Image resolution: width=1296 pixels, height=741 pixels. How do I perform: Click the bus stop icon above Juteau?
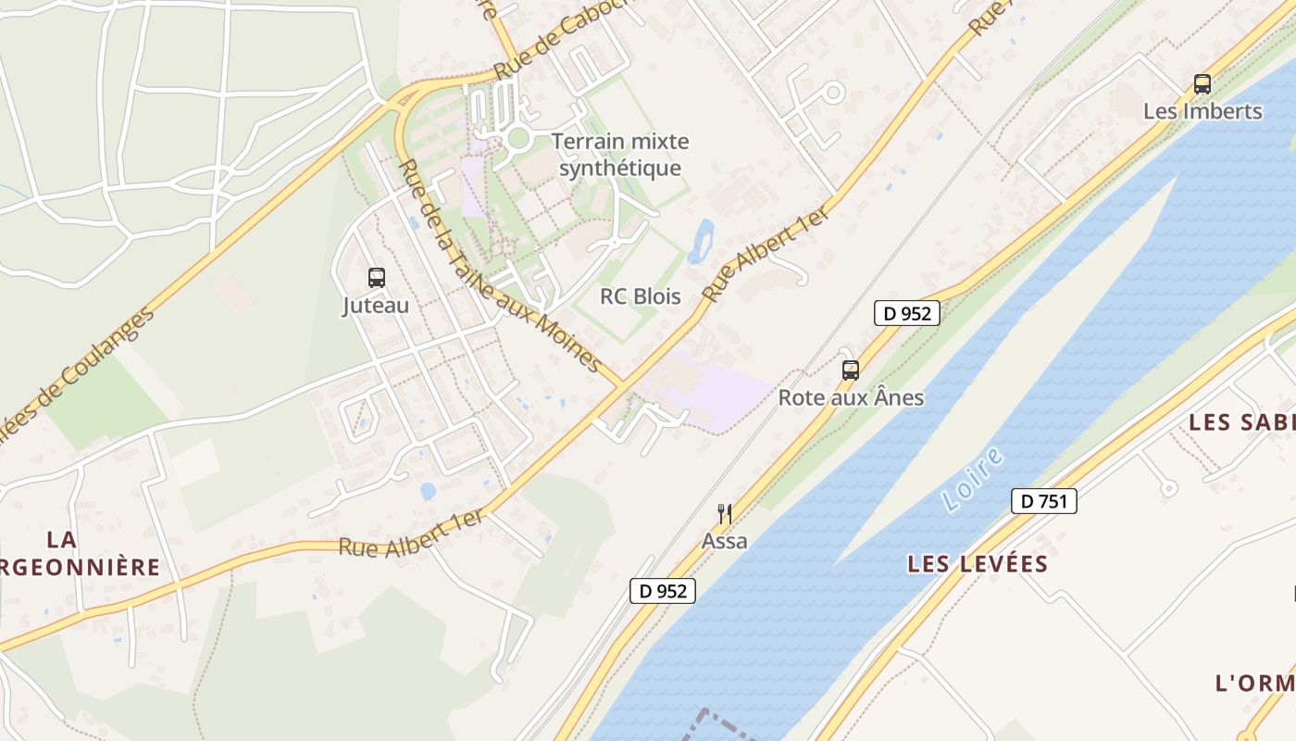point(377,277)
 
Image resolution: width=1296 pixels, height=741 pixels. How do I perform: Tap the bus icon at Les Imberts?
point(1203,84)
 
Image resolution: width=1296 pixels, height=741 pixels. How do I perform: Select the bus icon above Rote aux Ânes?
point(851,370)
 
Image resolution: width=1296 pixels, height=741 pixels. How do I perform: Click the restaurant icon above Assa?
point(725,514)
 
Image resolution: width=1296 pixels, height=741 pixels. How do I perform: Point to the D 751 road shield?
point(1044,502)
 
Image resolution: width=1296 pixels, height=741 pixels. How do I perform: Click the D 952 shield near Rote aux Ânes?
point(907,313)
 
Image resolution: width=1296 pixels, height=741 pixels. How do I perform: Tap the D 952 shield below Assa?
point(662,591)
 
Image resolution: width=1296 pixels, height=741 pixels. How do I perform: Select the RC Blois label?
point(641,296)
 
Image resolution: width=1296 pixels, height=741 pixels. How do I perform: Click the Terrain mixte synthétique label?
point(620,155)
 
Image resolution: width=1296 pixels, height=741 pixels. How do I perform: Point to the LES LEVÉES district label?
point(978,563)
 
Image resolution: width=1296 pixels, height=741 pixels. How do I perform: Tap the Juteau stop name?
point(376,305)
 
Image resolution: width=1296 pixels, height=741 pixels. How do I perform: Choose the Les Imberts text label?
point(1203,111)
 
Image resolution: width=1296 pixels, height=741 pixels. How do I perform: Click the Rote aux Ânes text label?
point(851,398)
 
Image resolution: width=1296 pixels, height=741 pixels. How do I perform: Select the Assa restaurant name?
point(724,541)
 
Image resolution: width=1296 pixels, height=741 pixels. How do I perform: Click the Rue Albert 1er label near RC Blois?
point(765,254)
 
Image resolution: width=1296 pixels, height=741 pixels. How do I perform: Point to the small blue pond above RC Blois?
point(701,241)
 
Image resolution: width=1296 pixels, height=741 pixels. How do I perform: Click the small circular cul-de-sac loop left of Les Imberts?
point(833,92)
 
